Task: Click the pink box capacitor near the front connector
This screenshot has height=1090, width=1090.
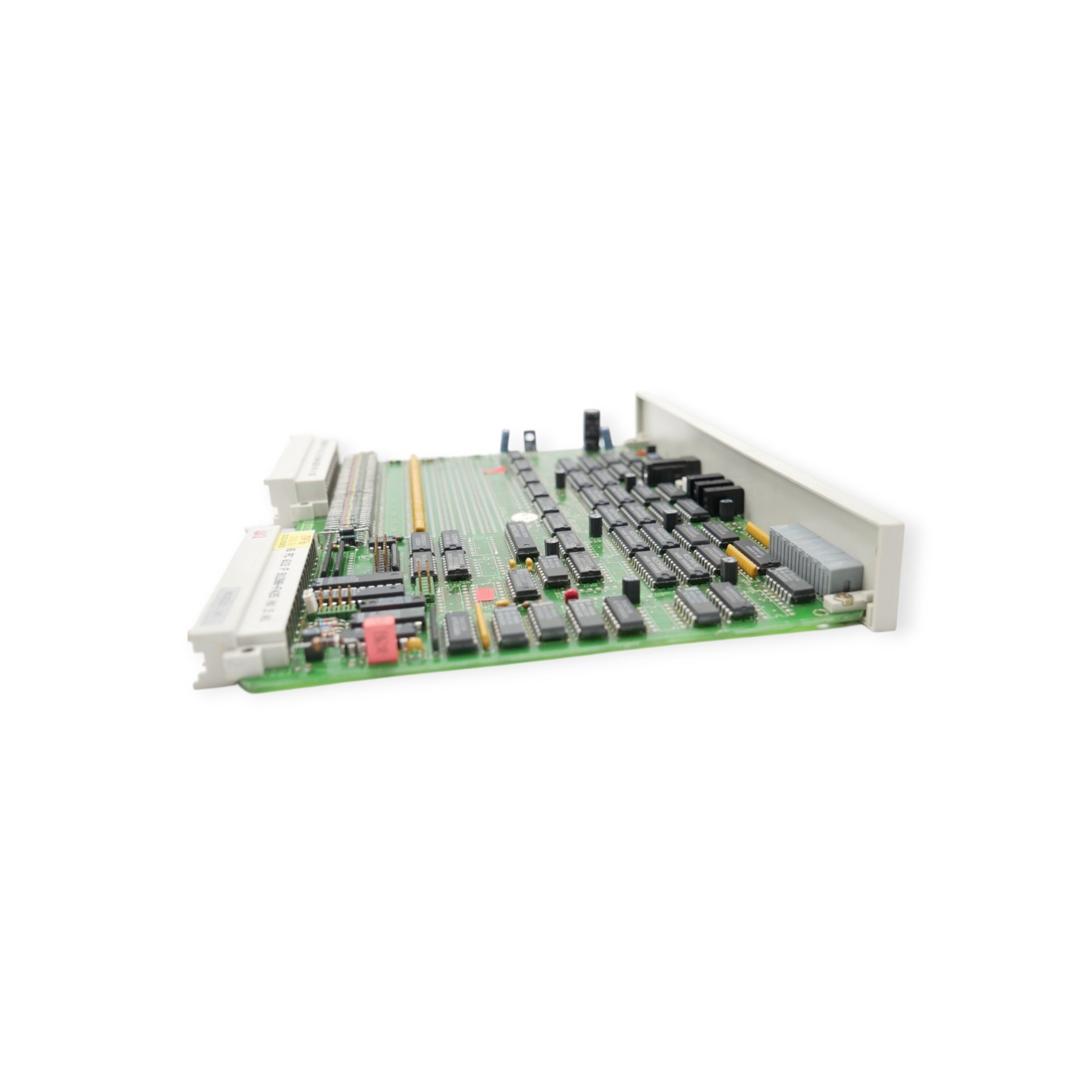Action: point(381,639)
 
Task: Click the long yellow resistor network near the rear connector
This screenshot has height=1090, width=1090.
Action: point(416,493)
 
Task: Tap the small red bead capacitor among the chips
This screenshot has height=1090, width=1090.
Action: point(572,594)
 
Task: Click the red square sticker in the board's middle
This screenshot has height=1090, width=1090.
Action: point(485,594)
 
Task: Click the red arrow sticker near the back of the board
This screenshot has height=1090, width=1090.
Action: point(496,470)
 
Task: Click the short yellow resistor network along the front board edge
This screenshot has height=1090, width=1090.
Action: point(482,625)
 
